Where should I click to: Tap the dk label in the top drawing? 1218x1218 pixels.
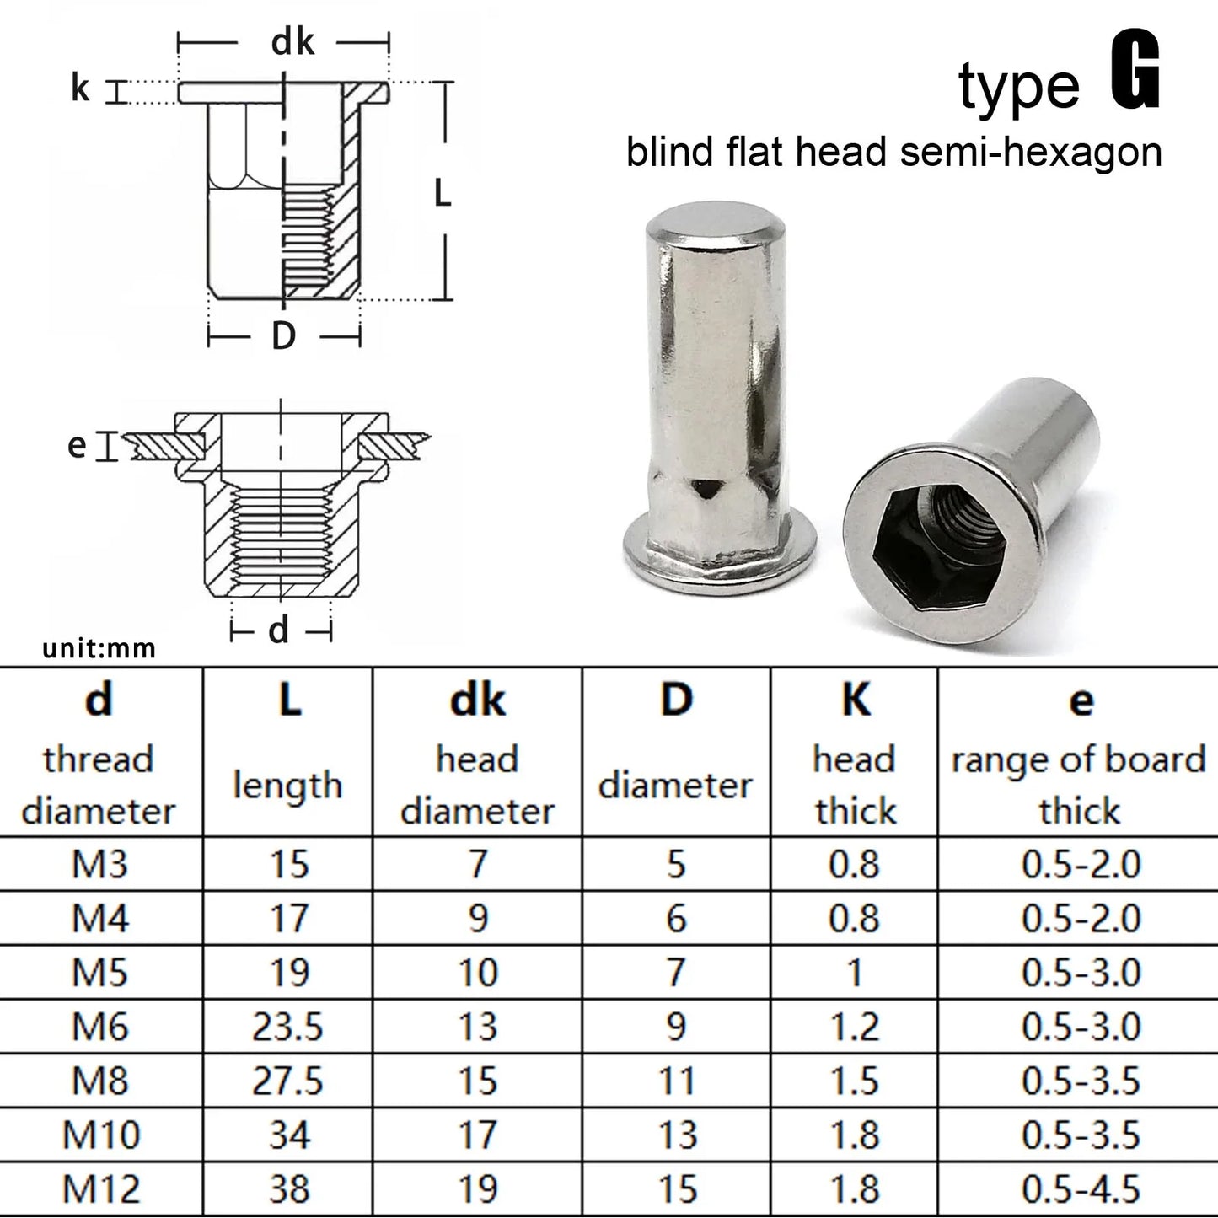292,42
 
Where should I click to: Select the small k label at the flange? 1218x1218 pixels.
80,89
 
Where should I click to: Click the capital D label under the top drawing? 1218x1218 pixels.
283,335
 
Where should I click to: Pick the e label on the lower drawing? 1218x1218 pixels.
77,446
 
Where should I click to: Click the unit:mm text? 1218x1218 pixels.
99,649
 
